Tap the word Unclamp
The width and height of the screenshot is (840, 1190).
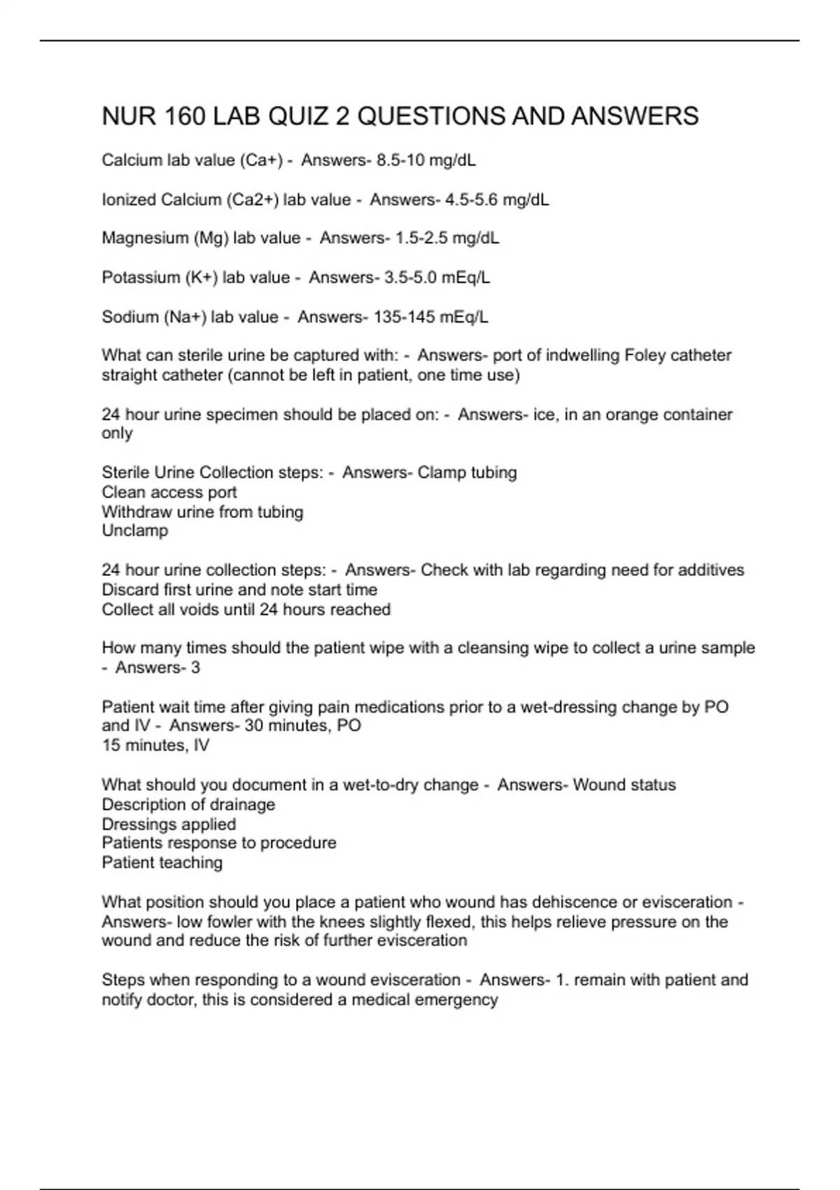(135, 531)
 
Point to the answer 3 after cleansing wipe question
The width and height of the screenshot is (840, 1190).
(195, 668)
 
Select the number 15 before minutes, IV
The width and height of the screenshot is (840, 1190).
(111, 745)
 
